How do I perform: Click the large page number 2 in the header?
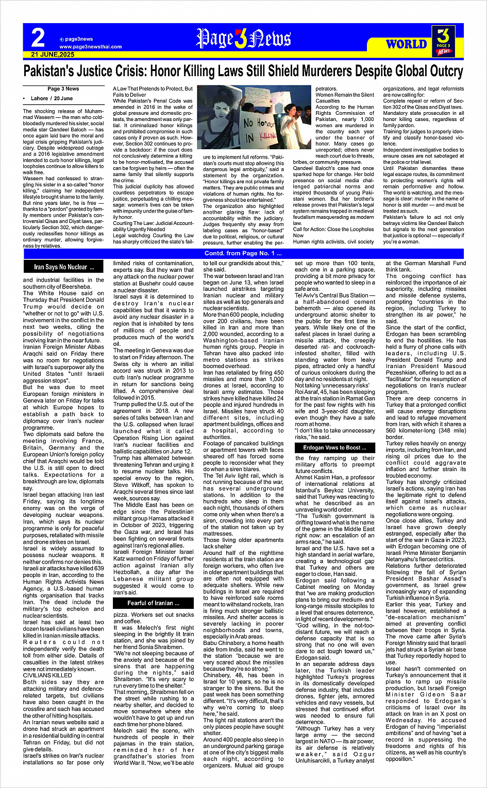(x=38, y=38)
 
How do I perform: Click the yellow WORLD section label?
(x=407, y=44)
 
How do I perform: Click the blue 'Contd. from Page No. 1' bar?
(x=243, y=253)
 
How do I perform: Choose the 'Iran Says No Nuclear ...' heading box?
(x=64, y=267)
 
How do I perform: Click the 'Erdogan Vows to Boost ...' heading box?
(x=334, y=448)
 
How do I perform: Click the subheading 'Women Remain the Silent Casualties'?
(x=345, y=98)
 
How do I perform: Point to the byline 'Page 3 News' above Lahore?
(x=63, y=89)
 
